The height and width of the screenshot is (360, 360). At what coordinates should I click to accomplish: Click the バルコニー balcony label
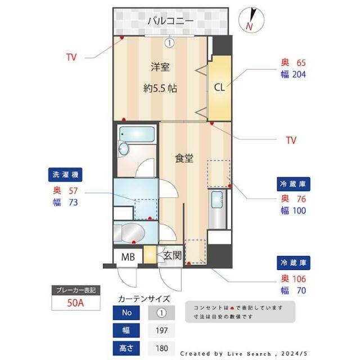170,21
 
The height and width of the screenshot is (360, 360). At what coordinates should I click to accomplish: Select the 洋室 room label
160,67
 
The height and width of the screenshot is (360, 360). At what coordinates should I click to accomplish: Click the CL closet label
219,87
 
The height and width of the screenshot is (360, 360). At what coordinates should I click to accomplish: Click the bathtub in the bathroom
137,134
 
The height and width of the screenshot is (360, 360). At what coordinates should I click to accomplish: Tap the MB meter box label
128,257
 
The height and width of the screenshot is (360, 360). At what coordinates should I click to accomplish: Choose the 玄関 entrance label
172,256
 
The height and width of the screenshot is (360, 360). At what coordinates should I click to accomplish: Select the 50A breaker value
76,304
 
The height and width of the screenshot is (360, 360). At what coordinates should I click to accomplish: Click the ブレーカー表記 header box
76,291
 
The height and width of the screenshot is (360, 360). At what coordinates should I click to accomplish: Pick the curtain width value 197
161,330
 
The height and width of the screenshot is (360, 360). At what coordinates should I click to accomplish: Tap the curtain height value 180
161,348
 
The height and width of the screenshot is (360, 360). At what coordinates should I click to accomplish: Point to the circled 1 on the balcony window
169,42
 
